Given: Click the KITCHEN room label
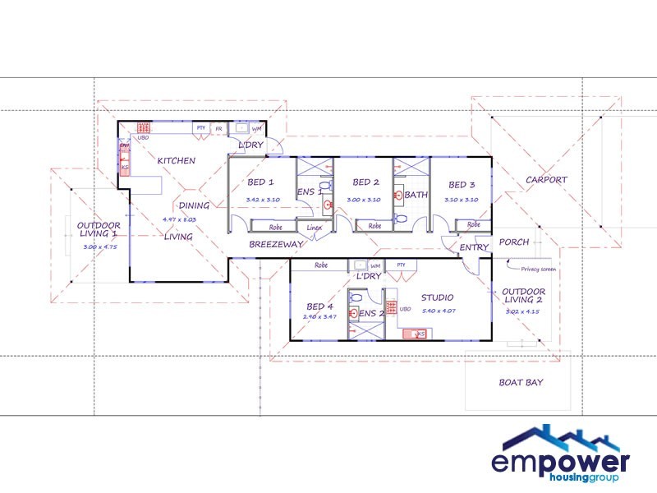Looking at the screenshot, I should click(177, 160).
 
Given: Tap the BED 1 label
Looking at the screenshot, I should click(260, 182).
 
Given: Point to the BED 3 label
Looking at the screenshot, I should click(462, 185).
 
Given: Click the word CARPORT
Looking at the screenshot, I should click(546, 180).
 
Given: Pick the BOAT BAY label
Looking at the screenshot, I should click(521, 382).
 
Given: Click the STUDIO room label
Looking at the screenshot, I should click(438, 297).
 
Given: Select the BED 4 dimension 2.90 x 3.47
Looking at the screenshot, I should click(319, 316).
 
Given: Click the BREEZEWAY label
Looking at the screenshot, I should click(277, 244).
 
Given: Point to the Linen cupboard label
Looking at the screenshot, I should click(315, 227).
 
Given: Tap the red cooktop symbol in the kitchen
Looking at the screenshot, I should click(142, 128).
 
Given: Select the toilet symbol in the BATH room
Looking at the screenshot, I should click(400, 219).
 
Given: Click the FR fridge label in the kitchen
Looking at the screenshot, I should click(219, 129).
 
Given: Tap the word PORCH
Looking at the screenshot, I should click(514, 242).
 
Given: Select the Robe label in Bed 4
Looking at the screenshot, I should click(321, 265).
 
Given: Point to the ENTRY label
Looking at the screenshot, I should click(474, 246).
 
